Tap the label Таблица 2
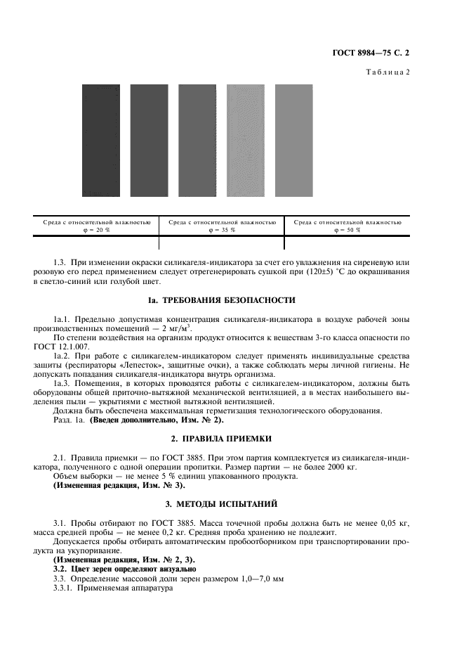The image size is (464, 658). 388,72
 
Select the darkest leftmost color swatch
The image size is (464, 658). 100,141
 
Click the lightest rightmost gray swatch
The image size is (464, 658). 293,141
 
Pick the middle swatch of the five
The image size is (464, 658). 197,141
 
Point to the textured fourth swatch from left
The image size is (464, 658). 246,141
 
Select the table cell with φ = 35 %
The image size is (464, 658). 222,226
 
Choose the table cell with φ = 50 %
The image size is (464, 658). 347,226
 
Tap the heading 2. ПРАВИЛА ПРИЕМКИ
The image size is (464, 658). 231,437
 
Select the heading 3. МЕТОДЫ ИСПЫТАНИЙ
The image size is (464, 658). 231,503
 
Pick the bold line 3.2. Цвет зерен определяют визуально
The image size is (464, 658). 117,568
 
